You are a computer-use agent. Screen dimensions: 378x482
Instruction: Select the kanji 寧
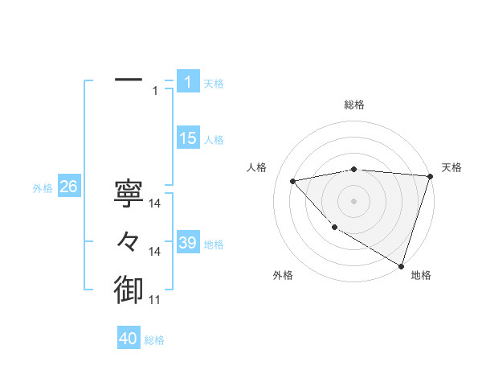click(129, 193)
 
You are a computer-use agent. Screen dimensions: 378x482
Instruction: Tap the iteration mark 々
click(129, 240)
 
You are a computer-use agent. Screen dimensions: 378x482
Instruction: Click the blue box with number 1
click(187, 82)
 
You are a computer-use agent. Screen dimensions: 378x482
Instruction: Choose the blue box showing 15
click(187, 138)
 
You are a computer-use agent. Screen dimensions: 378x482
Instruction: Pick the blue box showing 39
click(187, 243)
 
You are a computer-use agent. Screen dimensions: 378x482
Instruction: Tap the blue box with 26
click(68, 187)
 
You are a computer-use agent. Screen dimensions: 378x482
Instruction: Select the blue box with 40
click(129, 339)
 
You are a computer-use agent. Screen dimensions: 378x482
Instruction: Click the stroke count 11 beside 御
click(155, 300)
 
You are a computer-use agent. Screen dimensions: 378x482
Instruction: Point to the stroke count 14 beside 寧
click(155, 204)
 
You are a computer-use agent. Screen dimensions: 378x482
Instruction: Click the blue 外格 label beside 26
click(43, 188)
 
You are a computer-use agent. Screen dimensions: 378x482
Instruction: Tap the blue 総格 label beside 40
click(154, 340)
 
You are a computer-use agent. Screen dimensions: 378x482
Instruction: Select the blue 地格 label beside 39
click(214, 244)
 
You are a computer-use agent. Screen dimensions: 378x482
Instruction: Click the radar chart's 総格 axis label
click(353, 105)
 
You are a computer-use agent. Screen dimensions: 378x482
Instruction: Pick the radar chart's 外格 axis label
click(283, 275)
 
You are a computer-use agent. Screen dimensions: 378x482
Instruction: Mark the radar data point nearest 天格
click(430, 176)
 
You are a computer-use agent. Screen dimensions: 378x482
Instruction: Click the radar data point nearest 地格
click(400, 265)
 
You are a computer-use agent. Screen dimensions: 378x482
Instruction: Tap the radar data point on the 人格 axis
click(293, 181)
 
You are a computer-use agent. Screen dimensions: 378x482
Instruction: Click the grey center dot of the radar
click(353, 200)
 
